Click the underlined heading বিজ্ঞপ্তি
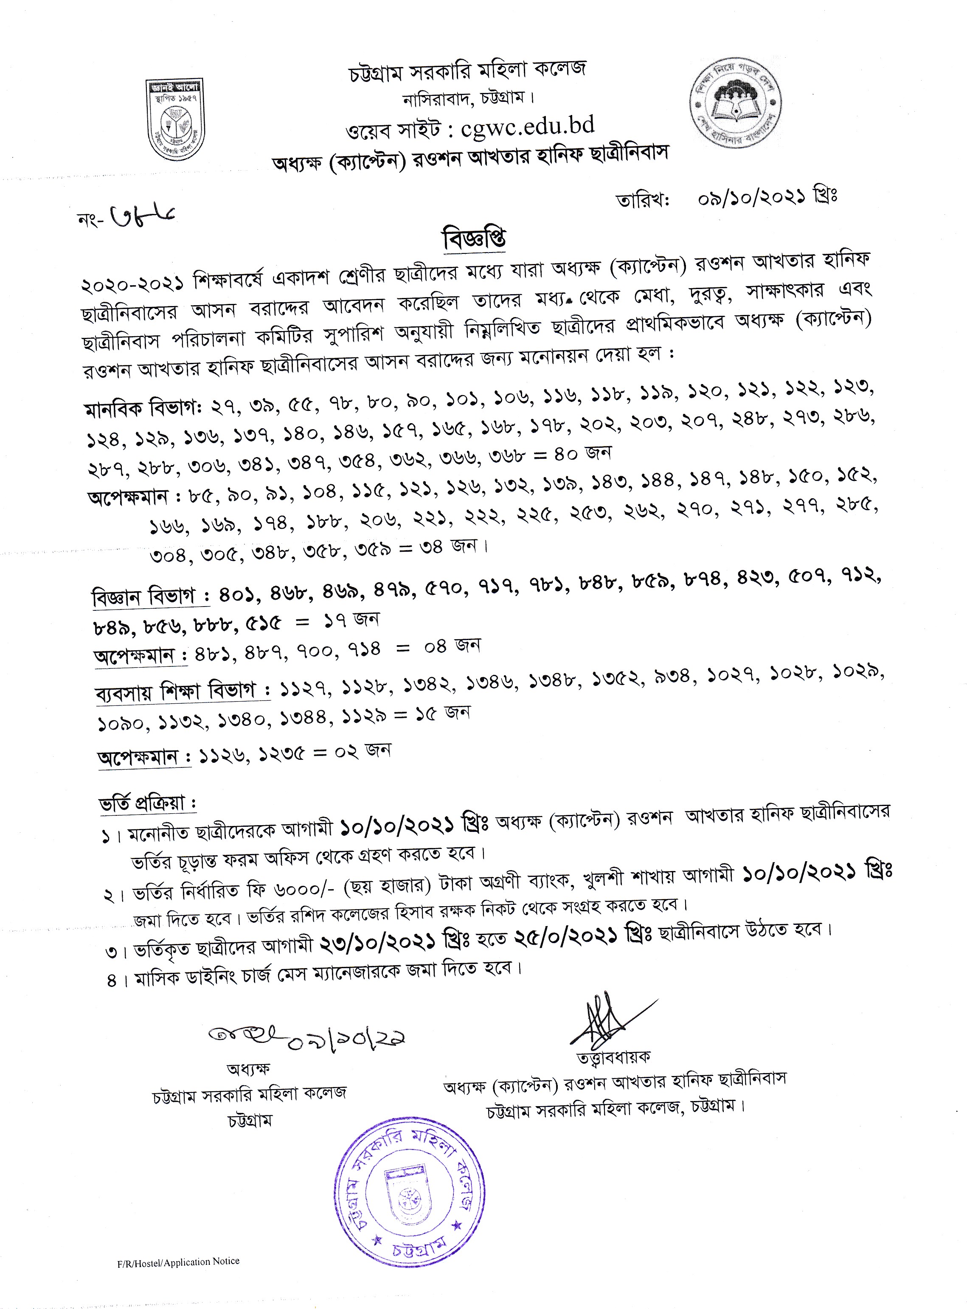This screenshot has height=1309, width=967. pyautogui.click(x=474, y=238)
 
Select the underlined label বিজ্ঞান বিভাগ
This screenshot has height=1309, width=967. pyautogui.click(x=151, y=596)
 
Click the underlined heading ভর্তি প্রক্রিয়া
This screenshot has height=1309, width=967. pyautogui.click(x=147, y=804)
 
